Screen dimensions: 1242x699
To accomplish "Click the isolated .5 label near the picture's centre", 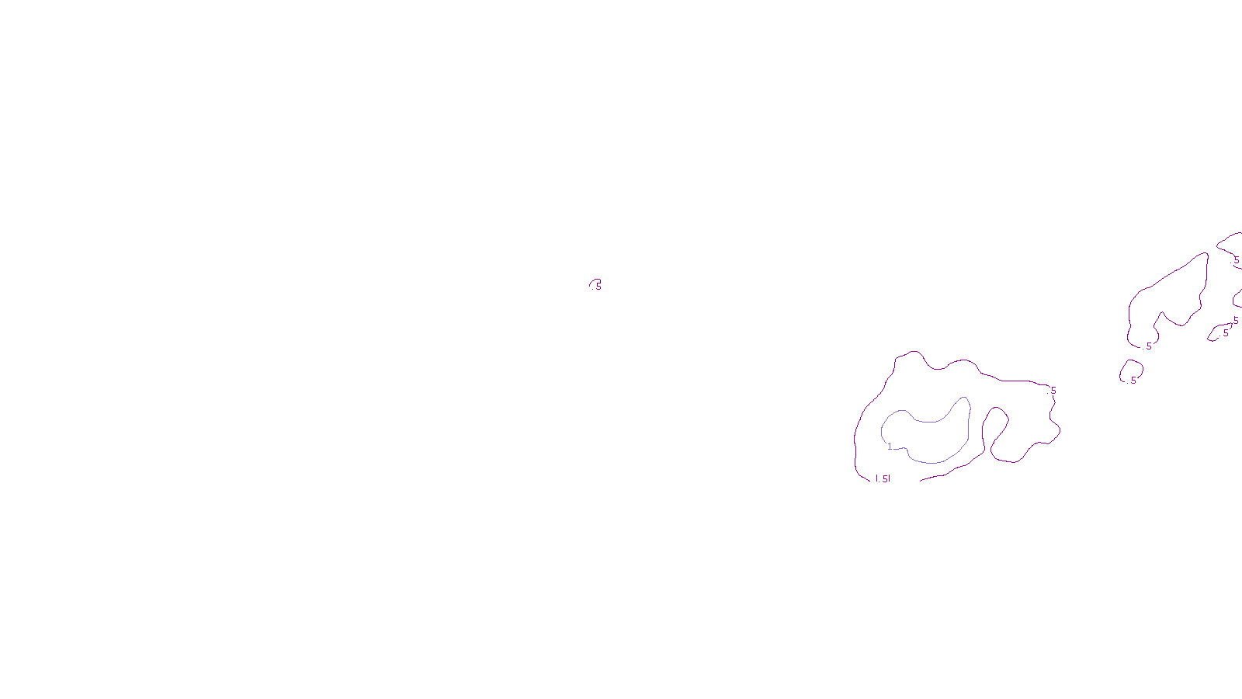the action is (598, 287).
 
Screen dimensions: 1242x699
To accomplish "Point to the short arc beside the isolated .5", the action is (594, 281).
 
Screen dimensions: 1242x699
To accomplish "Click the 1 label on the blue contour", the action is (890, 447).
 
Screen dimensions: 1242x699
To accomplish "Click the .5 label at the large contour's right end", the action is (1053, 391).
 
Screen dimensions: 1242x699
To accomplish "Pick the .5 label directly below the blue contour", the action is (883, 479).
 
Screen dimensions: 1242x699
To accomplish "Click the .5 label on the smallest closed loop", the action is (1133, 381).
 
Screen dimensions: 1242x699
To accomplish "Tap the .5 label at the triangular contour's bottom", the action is (1148, 346).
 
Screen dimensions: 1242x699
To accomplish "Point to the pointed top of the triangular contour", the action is (1206, 253).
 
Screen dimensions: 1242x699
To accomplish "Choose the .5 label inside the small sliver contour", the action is (1226, 333).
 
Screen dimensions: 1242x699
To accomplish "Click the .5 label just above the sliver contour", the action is (1235, 321).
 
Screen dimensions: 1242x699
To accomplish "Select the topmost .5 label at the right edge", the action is (1236, 261).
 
